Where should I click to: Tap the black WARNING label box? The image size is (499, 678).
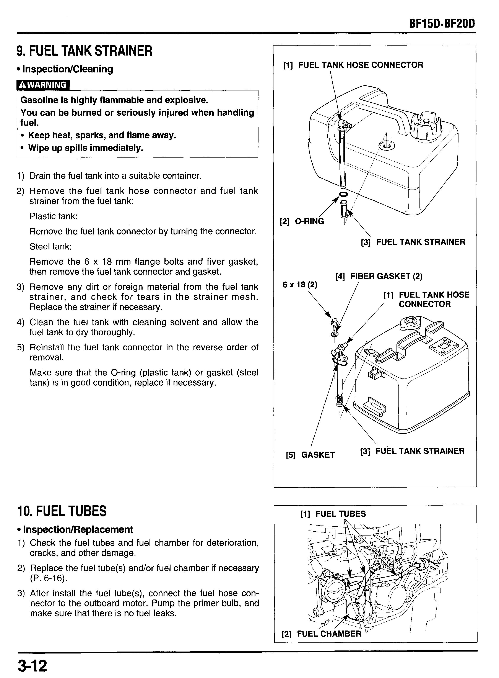tap(43, 85)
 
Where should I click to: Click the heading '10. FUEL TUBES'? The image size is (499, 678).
tap(62, 511)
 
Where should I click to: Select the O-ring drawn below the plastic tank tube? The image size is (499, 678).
tap(343, 194)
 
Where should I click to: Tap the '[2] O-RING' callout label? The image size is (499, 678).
tap(302, 221)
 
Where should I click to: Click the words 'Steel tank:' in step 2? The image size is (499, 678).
tap(50, 247)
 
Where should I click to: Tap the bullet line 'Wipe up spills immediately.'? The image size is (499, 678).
tap(86, 148)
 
